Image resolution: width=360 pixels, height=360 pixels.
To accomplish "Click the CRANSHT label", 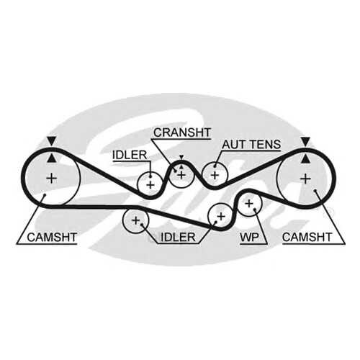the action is tap(182, 132).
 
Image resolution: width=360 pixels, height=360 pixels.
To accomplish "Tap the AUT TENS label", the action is tap(251, 145).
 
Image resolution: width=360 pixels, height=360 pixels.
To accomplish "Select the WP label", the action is tap(250, 238).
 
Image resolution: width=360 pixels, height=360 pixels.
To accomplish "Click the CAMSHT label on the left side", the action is tap(52, 238).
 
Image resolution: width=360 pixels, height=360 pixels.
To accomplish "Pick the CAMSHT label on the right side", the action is tap(307, 238).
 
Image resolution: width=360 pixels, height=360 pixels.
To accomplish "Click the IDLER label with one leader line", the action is tap(130, 155).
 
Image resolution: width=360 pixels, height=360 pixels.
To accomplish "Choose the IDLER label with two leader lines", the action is tap(178, 238).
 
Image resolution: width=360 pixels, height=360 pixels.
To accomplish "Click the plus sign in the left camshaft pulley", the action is tap(52, 179).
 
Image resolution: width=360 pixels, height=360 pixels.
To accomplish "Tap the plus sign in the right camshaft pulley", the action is tap(306, 179).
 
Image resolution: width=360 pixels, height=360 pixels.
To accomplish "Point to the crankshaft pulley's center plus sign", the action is tap(181, 175).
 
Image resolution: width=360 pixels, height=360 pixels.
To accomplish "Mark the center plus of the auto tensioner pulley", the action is tap(215, 175).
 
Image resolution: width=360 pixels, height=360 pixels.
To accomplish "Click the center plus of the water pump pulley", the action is tap(249, 204).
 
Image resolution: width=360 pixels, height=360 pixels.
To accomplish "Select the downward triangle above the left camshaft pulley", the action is tap(52, 141).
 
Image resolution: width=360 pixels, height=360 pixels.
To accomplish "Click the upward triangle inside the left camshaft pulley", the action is tap(52, 158).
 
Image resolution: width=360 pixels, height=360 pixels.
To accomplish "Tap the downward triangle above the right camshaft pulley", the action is tap(305, 142).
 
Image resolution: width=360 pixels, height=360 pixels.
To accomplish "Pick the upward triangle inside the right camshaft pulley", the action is tap(305, 158).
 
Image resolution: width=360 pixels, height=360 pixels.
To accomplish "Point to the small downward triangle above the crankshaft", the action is tap(181, 157).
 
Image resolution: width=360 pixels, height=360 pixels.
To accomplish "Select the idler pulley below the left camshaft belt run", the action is tap(123, 220).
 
